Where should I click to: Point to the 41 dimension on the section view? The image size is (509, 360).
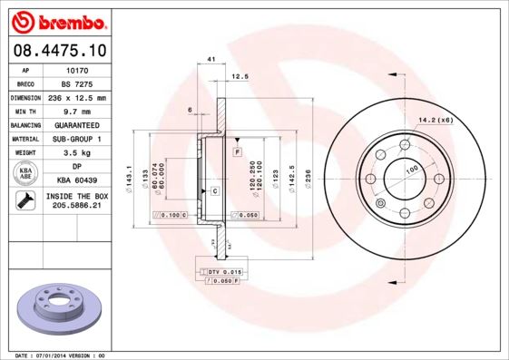point(210,60)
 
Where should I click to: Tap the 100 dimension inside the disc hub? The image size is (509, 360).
point(411,170)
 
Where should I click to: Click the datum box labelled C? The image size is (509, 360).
point(215,191)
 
